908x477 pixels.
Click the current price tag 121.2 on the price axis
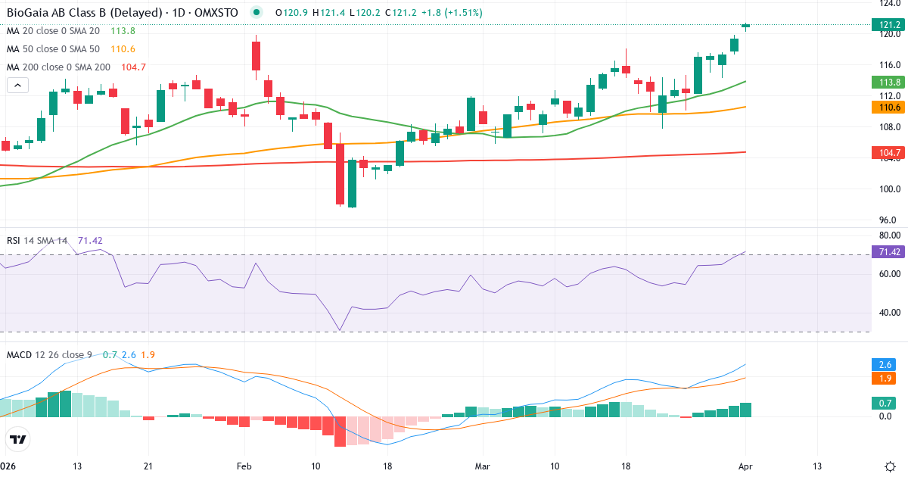889,25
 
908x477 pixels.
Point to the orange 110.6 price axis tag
889,108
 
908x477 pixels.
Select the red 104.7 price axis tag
889,153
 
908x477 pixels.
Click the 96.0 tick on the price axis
889,220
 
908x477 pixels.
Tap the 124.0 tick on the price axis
889,3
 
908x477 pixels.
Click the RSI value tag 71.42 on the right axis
889,251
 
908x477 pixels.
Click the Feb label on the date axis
244,466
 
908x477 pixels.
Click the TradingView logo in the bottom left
18,439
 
